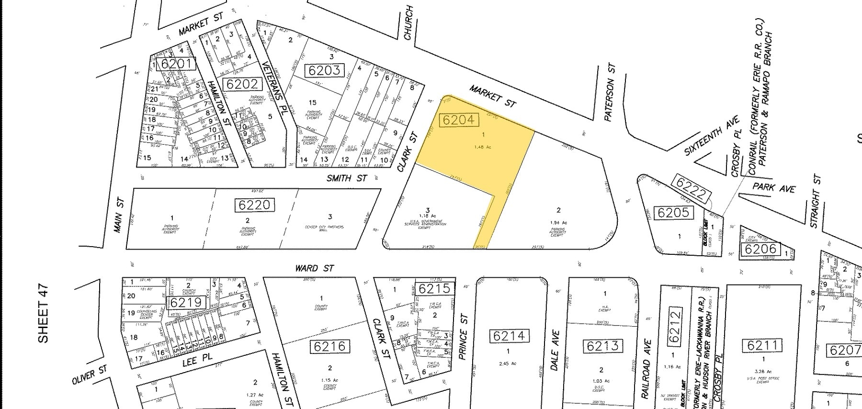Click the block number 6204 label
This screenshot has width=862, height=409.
(x=458, y=120)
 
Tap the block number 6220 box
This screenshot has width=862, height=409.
(x=256, y=205)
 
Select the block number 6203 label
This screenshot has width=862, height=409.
(x=324, y=70)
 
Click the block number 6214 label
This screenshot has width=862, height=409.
(x=509, y=336)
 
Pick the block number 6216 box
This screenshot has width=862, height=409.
(x=329, y=346)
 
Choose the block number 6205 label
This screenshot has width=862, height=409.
(x=673, y=212)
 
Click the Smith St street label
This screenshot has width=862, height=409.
(x=347, y=178)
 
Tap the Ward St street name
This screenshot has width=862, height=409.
(x=315, y=268)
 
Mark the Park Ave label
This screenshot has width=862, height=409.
(x=773, y=187)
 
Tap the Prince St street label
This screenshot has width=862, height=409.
(x=463, y=337)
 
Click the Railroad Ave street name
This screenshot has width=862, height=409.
(x=646, y=369)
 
